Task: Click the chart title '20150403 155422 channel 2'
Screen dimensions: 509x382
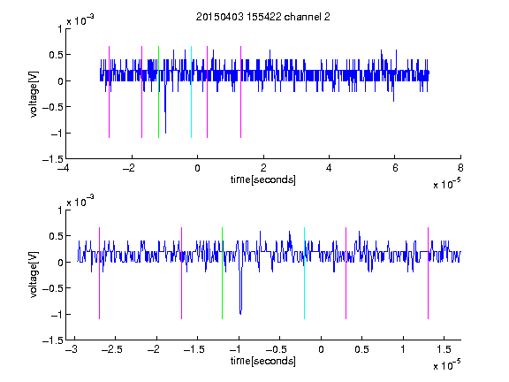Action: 263,17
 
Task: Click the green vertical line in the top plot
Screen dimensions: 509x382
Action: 158,92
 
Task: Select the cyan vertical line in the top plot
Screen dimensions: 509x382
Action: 191,92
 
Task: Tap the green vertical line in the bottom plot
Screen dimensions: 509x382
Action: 222,273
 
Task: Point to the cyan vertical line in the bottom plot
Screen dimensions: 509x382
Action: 304,273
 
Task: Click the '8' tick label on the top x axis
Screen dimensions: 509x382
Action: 460,168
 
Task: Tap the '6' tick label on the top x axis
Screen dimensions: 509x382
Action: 395,168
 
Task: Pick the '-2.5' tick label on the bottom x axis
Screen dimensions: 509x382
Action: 111,349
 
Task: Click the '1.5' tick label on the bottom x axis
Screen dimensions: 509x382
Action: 444,349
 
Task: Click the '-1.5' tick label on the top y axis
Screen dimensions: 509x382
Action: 53,159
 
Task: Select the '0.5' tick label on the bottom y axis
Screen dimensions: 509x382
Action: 56,236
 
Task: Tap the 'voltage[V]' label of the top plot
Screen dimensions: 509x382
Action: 34,95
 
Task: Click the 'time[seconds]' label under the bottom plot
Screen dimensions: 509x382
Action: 263,361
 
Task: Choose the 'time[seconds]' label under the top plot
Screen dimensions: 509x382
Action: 263,180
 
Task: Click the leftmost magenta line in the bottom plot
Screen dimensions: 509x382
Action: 99,273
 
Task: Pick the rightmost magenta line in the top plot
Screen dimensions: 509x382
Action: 240,92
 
